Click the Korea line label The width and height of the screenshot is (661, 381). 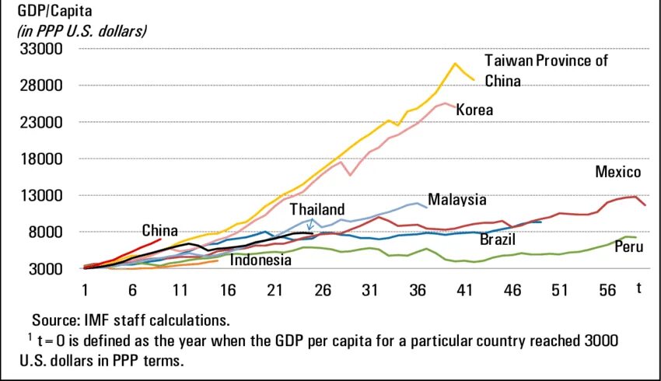click(x=474, y=110)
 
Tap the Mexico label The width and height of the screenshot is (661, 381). click(x=617, y=172)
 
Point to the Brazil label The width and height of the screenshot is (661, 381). click(x=498, y=239)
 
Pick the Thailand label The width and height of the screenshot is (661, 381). click(x=317, y=210)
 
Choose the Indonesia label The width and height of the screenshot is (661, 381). click(x=261, y=260)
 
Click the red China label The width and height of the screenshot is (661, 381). click(x=159, y=230)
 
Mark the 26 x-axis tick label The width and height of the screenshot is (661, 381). click(x=322, y=289)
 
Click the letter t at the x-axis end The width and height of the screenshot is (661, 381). click(x=639, y=288)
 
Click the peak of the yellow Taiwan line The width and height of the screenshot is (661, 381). click(x=456, y=64)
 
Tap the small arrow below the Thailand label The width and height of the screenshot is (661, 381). click(x=310, y=226)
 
